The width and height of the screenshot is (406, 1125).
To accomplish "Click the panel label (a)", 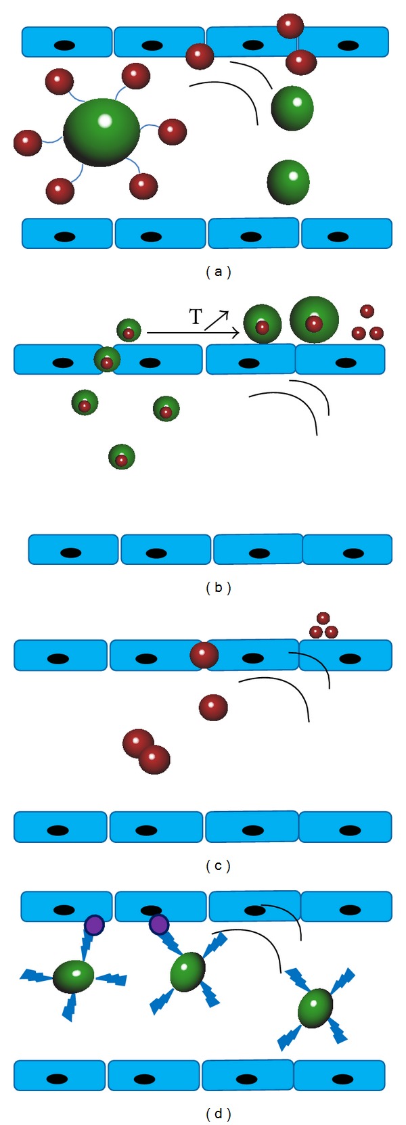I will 218,272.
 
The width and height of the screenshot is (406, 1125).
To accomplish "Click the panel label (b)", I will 218,587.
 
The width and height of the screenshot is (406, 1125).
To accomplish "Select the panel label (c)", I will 218,865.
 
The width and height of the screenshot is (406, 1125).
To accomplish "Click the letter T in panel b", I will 195,317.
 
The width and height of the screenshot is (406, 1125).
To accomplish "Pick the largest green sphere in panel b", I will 314,319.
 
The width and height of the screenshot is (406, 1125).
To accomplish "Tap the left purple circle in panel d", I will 93,925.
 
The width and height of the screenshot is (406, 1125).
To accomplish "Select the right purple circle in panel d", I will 158,924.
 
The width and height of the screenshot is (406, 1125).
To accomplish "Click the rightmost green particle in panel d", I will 315,1008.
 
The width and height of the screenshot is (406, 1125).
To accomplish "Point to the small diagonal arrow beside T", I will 217,319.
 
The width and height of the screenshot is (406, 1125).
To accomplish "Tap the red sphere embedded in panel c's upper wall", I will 204,655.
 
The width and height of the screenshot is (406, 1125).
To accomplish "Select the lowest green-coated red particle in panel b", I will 122,457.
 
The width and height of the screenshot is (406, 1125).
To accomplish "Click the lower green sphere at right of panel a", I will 288,182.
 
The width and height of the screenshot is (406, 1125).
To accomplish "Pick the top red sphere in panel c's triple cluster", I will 323,618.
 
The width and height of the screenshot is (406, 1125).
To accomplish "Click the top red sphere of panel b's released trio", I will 367,311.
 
